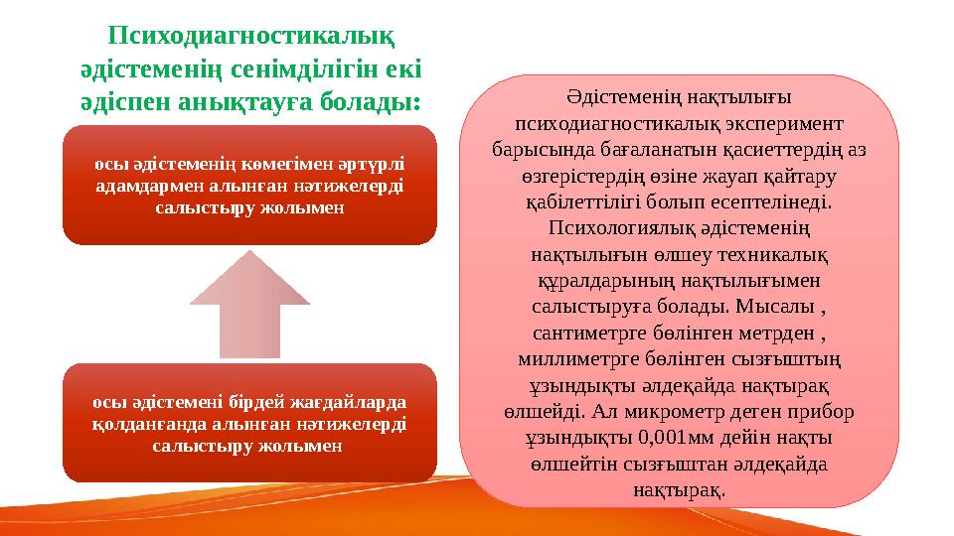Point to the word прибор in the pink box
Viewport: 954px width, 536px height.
click(x=825, y=411)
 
